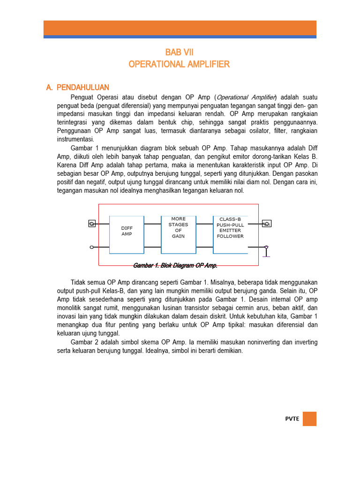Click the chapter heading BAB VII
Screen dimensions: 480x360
pos(180,53)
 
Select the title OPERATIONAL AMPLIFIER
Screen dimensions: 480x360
pos(180,64)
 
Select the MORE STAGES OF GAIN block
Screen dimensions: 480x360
pos(178,228)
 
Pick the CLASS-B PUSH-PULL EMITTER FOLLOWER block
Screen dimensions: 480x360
pos(230,228)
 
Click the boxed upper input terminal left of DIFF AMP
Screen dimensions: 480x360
pos(92,224)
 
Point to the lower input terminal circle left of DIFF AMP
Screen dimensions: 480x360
pos(92,247)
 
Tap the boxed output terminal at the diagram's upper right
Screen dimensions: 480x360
pos(267,224)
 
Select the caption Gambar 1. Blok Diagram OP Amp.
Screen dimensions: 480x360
pos(175,265)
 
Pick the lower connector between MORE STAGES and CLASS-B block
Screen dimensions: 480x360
pos(204,247)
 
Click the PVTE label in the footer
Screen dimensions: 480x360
pos(292,419)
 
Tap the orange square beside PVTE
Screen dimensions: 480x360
pos(309,419)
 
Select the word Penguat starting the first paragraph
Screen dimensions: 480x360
pos(82,97)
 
